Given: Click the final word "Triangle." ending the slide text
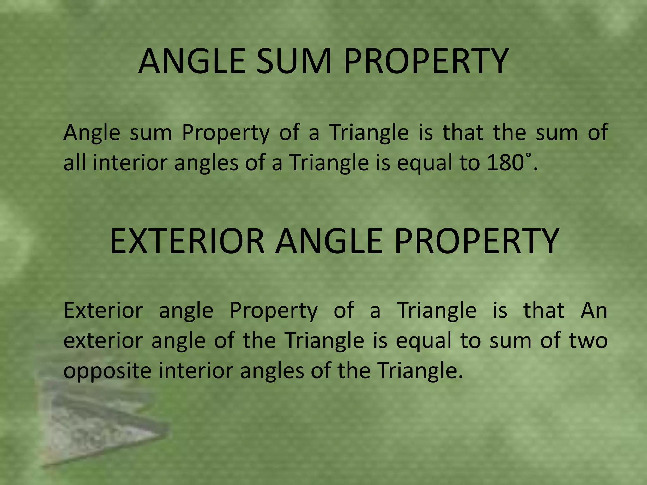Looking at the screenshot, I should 420,371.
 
